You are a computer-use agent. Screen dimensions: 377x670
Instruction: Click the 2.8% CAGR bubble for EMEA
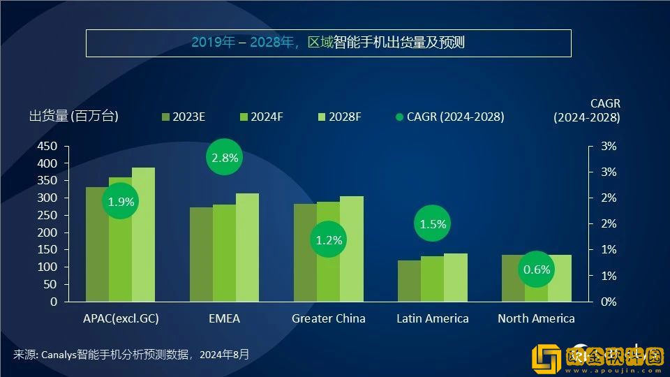point(225,158)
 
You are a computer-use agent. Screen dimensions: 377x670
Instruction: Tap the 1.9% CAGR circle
point(120,202)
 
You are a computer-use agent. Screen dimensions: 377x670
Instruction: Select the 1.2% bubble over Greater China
point(329,240)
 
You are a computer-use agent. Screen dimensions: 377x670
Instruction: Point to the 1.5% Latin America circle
point(433,224)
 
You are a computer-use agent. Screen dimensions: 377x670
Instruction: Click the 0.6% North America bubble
point(536,269)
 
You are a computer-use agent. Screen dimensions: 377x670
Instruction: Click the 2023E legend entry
point(183,117)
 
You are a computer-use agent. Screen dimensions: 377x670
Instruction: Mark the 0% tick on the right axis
point(609,302)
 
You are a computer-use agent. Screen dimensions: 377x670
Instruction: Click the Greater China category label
point(328,318)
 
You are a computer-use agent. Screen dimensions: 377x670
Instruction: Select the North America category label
point(536,318)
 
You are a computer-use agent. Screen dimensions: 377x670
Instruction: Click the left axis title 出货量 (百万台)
point(73,117)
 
